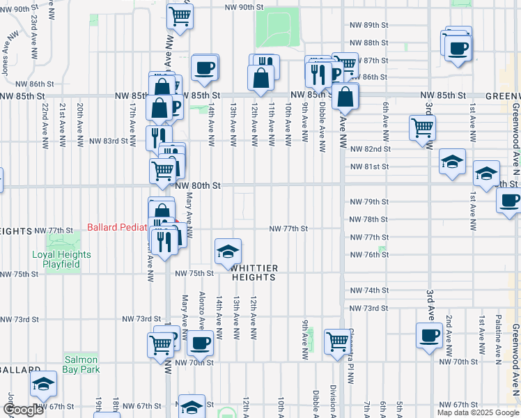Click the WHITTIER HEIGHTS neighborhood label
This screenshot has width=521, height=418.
point(254,272)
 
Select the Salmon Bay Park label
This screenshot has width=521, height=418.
point(82,364)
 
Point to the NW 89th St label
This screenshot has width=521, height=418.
point(369,25)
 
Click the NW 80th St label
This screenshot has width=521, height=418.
point(198,186)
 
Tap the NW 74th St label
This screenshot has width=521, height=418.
point(369,290)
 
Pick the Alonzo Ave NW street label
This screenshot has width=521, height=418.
point(202,310)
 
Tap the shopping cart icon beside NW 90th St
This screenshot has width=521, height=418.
point(180,15)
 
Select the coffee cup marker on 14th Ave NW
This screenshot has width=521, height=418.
point(204,67)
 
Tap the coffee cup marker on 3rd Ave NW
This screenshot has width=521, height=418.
point(429,335)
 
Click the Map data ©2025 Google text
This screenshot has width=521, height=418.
point(476,412)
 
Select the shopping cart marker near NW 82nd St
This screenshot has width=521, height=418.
point(422,127)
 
